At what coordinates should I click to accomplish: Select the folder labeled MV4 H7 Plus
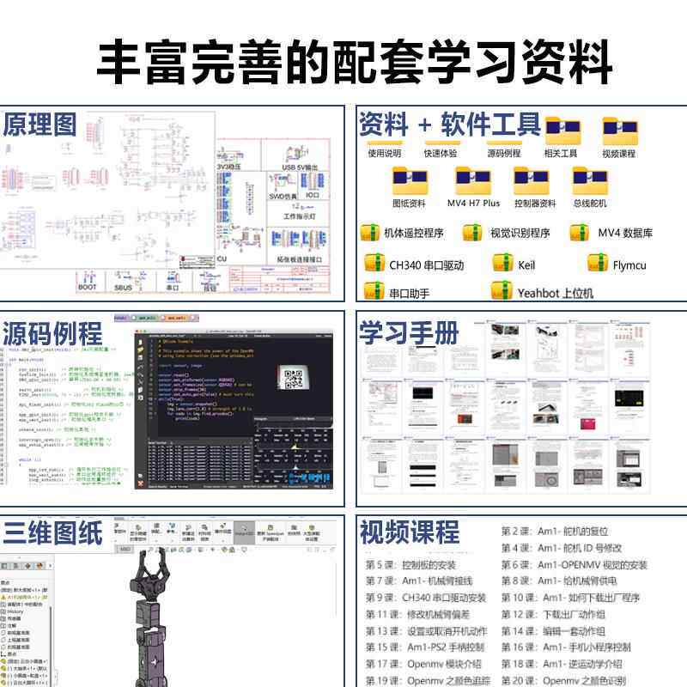tap(473, 181)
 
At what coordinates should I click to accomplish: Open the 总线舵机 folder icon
tap(590, 181)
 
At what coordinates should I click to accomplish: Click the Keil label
tap(526, 265)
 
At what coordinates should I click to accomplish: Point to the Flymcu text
tap(629, 265)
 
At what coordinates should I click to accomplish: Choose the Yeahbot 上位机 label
tap(555, 293)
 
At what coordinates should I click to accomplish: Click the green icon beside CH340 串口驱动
tap(374, 264)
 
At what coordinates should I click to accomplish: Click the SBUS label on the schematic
tap(124, 288)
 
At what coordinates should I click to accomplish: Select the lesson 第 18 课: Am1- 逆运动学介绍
tap(574, 663)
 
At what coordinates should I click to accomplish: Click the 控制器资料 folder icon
tap(532, 181)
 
